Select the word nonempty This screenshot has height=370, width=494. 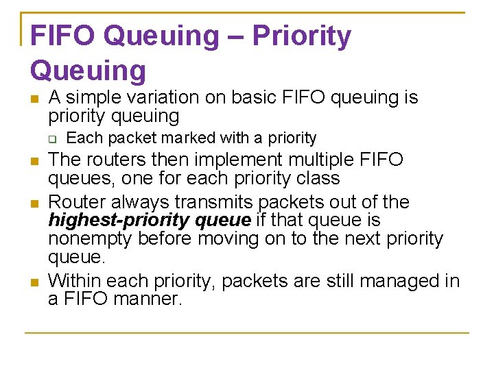(x=91, y=238)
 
